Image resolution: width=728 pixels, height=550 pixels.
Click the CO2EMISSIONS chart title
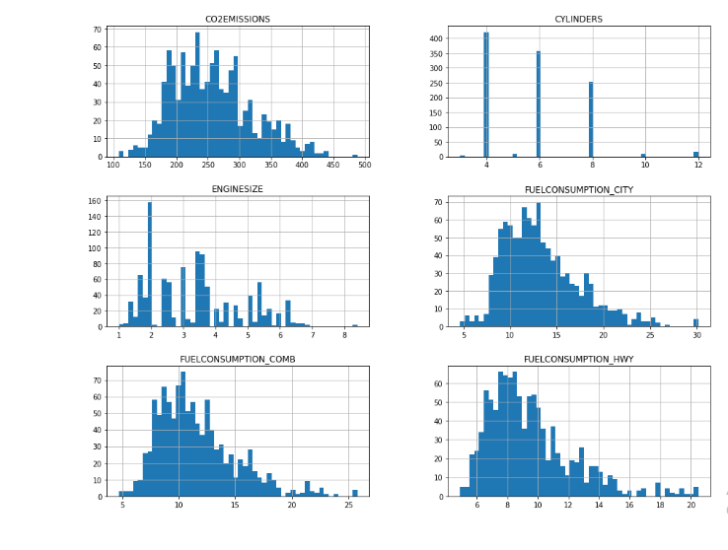tap(237, 19)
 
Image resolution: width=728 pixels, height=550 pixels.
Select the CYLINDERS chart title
tap(578, 19)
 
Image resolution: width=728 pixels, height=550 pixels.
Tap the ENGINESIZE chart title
tap(237, 189)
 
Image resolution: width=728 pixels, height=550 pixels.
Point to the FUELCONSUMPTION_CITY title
tap(578, 189)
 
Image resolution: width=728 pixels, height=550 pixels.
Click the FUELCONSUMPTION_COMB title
tap(237, 359)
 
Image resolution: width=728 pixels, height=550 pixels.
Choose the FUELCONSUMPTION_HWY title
tap(578, 359)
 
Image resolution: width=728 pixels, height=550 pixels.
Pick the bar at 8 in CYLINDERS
tap(591, 119)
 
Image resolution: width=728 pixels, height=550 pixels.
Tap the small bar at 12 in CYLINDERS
tap(695, 155)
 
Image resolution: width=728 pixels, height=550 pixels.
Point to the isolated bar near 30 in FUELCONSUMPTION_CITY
tap(695, 323)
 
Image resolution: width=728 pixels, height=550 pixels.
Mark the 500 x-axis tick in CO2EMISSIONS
tap(365, 166)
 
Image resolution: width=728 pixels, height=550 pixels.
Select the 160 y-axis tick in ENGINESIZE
tap(96, 201)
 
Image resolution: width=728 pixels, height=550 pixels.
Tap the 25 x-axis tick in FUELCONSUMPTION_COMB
tap(348, 506)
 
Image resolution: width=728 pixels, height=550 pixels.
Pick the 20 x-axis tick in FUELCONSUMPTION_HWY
tap(691, 506)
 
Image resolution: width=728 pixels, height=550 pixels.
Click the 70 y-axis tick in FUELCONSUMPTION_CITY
tap(438, 201)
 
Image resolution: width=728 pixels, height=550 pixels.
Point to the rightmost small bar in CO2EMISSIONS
tap(355, 156)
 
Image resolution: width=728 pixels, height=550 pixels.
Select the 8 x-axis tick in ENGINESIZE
tap(344, 335)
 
